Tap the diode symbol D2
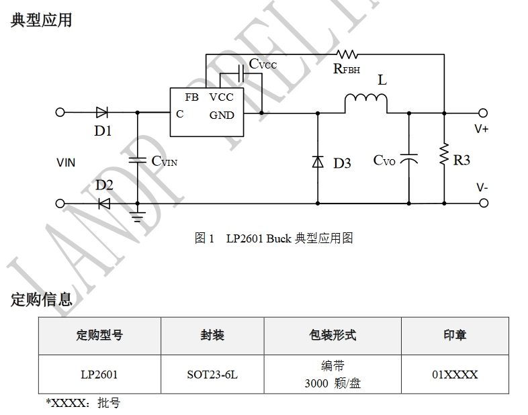click(x=103, y=203)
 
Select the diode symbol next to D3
click(x=318, y=162)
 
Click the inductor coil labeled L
click(x=366, y=101)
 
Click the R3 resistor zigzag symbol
click(x=443, y=154)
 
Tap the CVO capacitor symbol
click(x=408, y=160)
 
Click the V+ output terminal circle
click(x=483, y=113)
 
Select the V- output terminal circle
click(x=483, y=203)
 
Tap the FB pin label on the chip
click(x=191, y=97)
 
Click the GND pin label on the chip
click(x=222, y=115)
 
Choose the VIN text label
click(x=66, y=163)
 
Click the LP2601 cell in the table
click(x=99, y=375)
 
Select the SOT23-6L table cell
click(x=212, y=375)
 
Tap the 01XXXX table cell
click(x=455, y=375)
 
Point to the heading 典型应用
click(x=41, y=20)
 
